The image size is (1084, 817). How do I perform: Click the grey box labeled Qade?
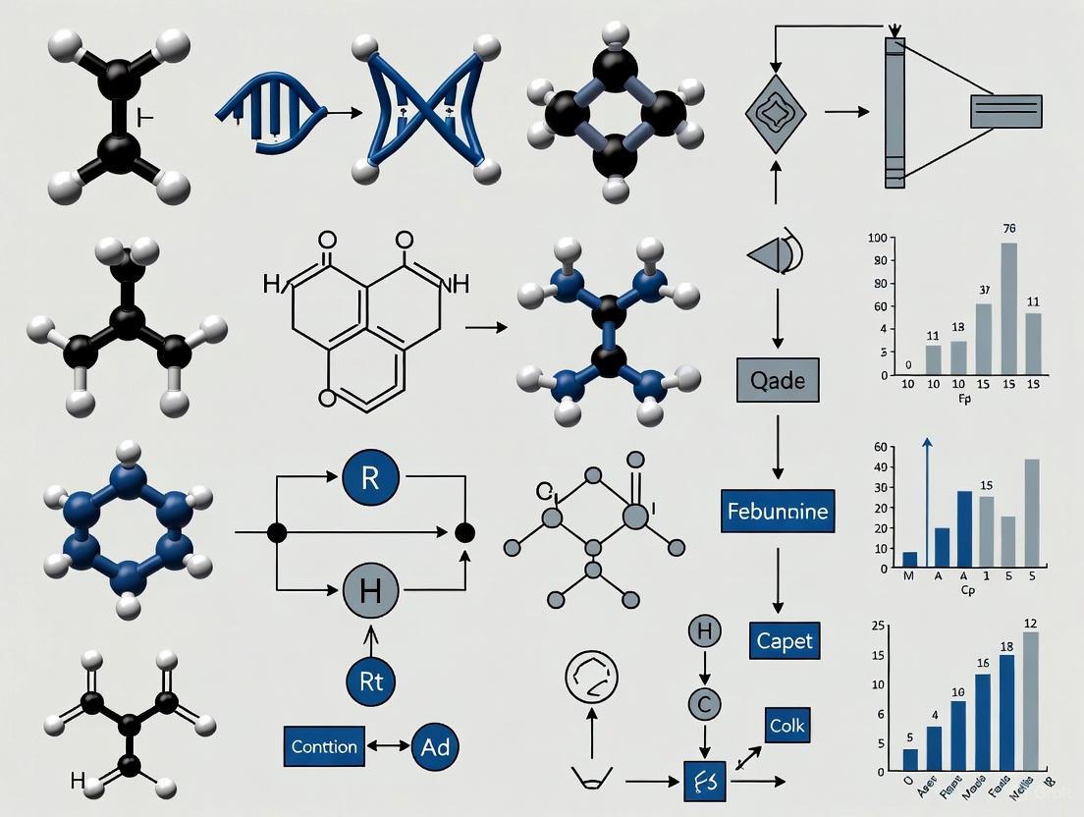click(x=778, y=380)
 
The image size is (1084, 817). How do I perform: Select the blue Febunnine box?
click(x=777, y=511)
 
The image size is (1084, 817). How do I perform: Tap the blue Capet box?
click(x=785, y=641)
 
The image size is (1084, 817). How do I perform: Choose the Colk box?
click(x=787, y=727)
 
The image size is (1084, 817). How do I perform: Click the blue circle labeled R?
click(x=370, y=478)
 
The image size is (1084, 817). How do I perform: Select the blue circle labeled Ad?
click(x=433, y=746)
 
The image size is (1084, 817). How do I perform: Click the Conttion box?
click(x=324, y=746)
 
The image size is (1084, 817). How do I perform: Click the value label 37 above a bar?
click(x=984, y=290)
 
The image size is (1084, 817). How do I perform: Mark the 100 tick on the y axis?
click(x=877, y=239)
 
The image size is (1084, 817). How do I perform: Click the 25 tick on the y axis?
click(x=879, y=626)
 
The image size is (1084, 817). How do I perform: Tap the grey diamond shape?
click(x=776, y=113)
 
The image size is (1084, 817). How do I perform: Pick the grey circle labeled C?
click(x=704, y=704)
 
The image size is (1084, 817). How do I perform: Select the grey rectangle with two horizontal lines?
click(x=1005, y=111)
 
